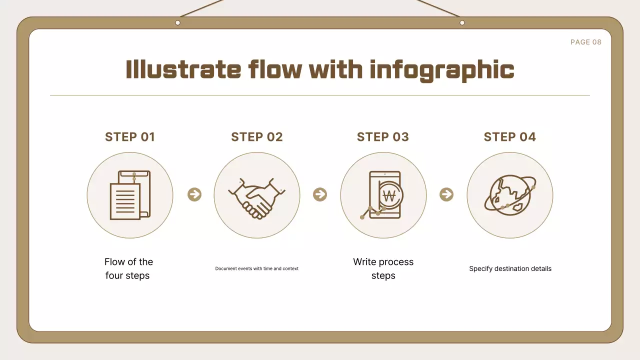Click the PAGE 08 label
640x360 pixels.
586,42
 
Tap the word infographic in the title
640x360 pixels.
442,70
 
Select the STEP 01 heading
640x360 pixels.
130,137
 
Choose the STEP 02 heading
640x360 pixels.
257,137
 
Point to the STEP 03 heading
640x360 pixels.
383,137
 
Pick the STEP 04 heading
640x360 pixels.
510,137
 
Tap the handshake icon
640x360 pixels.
257,197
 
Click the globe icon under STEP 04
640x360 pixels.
509,195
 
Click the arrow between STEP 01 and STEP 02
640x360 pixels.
194,194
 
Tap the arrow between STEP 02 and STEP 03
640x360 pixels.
320,194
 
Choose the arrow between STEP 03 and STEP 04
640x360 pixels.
446,194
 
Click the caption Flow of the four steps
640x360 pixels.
128,268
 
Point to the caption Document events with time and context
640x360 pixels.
257,268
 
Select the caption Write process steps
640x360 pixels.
383,268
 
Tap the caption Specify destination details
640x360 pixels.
510,268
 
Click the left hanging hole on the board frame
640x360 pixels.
177,22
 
